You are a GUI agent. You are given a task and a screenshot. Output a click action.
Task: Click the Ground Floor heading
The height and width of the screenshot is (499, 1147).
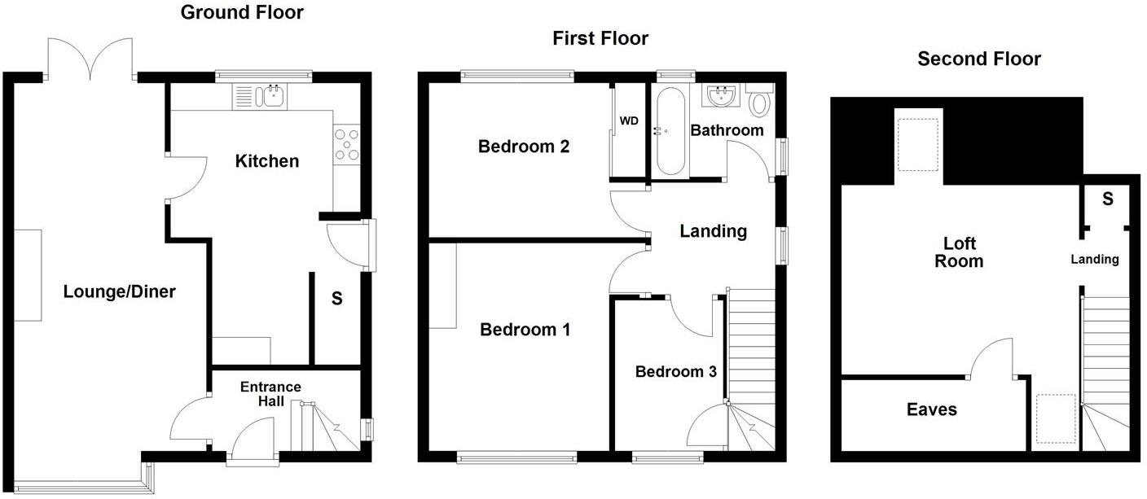click(242, 12)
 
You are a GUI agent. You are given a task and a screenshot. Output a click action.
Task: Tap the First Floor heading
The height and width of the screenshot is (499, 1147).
click(600, 38)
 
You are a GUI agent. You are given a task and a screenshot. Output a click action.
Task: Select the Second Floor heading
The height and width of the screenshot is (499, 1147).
click(978, 59)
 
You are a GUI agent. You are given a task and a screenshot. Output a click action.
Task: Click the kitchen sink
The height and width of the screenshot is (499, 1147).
click(273, 97)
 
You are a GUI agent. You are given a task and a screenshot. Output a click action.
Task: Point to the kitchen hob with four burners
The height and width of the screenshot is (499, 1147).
click(346, 145)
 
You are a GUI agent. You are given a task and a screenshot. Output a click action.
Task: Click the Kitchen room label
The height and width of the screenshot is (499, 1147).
click(266, 161)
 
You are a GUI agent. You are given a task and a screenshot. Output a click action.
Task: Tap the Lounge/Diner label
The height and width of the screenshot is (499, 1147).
click(120, 291)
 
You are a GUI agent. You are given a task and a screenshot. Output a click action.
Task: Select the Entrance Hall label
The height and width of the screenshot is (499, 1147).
click(270, 394)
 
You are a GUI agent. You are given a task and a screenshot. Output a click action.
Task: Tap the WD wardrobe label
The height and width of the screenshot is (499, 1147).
click(629, 121)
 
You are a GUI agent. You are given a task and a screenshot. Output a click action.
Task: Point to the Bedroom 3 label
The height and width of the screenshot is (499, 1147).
click(675, 372)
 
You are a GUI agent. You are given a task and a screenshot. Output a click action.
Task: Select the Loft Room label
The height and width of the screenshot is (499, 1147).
click(959, 252)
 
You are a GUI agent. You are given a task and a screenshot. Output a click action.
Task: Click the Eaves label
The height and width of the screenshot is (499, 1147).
click(932, 409)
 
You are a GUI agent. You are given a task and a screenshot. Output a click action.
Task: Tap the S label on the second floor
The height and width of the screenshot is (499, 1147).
click(1107, 199)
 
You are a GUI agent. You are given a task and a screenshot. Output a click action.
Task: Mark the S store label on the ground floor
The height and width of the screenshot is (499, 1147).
click(336, 300)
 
